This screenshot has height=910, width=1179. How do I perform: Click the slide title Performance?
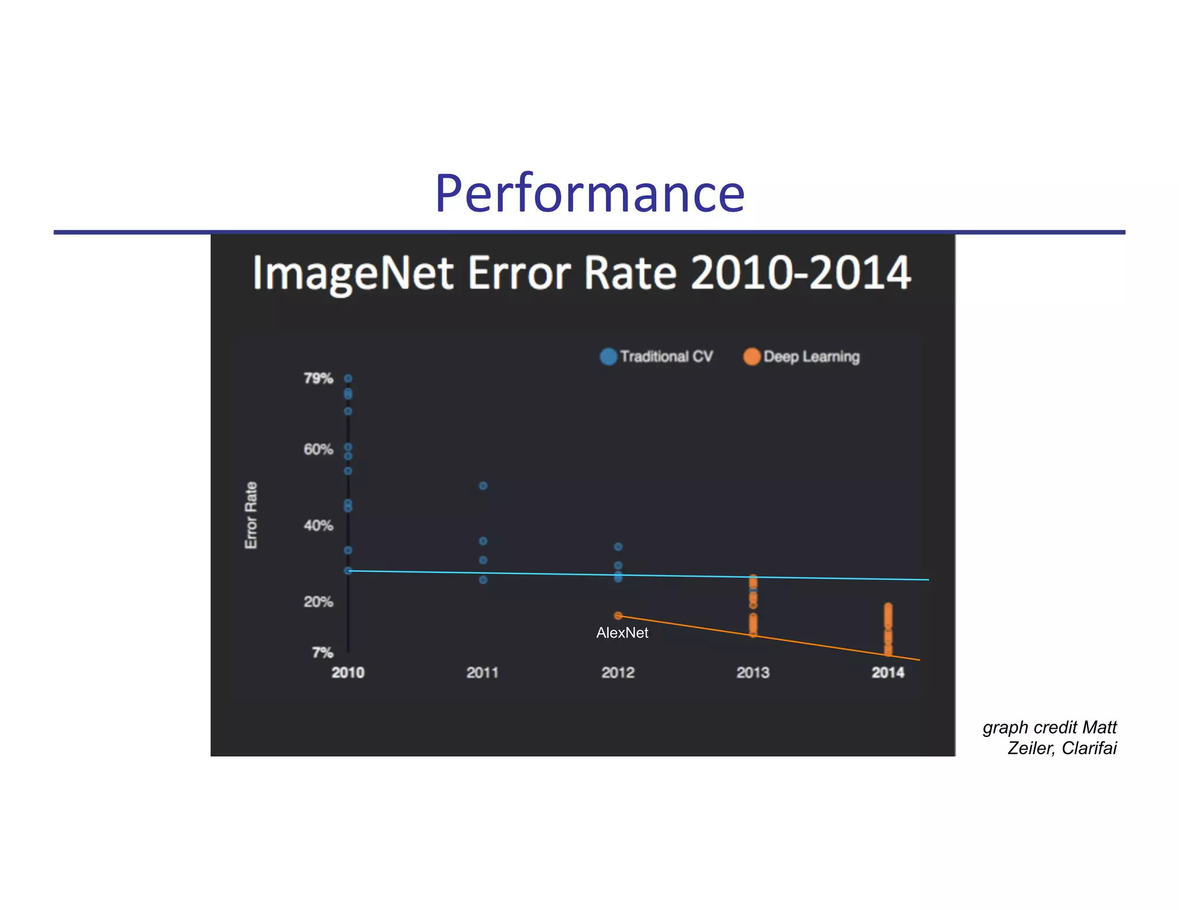589,194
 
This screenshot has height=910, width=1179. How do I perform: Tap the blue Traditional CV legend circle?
608,357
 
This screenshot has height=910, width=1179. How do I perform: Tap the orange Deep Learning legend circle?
751,357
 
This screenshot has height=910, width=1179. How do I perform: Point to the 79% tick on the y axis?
318,378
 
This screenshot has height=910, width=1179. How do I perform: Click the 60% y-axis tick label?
318,449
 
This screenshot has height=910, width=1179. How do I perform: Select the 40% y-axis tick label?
318,525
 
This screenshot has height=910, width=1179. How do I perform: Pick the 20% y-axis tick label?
318,602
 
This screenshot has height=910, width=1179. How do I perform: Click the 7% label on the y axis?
322,652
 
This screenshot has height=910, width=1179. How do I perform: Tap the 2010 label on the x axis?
348,672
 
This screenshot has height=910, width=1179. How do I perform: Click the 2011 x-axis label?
482,672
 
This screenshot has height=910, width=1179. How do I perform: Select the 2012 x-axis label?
618,672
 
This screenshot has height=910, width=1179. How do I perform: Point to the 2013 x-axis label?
752,672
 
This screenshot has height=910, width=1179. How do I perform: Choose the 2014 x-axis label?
888,672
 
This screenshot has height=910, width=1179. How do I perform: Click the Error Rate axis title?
251,515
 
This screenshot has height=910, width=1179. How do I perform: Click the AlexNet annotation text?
622,633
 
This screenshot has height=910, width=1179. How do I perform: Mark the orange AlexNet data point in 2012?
618,615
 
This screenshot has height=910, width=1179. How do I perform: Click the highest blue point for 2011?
483,486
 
